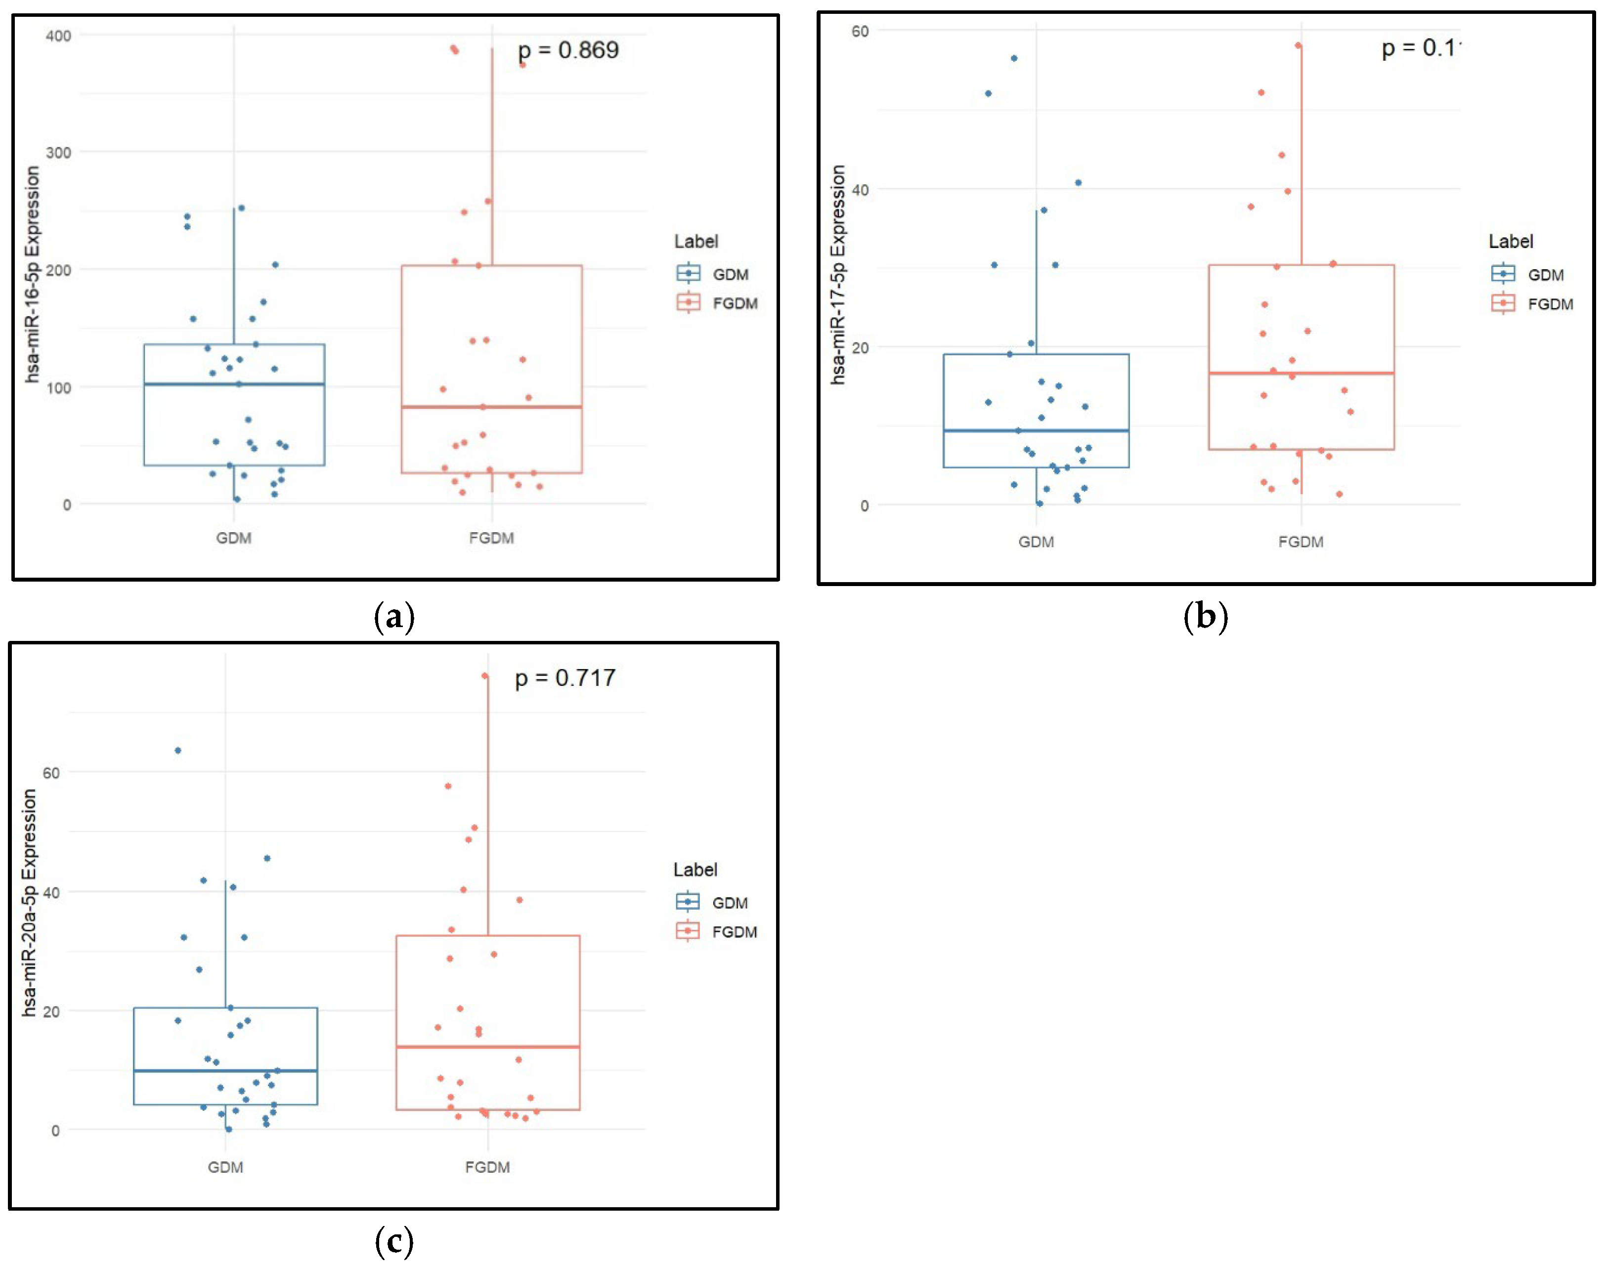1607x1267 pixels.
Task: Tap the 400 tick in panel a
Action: tap(59, 36)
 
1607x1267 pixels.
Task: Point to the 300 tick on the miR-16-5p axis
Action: tap(59, 153)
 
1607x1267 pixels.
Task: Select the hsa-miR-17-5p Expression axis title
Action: tap(838, 274)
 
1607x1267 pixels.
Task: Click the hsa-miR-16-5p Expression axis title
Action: tap(32, 274)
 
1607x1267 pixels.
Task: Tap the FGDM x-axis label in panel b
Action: tap(1300, 542)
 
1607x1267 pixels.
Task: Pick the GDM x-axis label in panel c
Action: tap(225, 1167)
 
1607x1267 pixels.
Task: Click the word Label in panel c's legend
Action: tap(695, 869)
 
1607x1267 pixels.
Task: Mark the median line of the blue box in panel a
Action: tap(234, 384)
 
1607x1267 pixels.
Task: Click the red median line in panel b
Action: tap(1300, 373)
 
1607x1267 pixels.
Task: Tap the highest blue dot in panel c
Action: tap(178, 751)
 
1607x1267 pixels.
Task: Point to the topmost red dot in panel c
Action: tap(484, 676)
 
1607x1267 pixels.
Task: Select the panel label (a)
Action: tap(394, 617)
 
